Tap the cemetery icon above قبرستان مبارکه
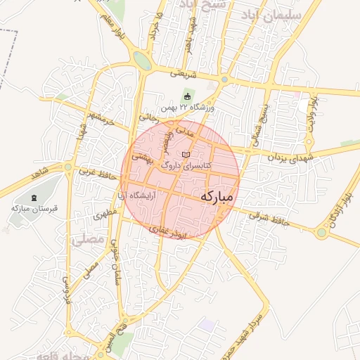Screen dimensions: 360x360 pos(36,198)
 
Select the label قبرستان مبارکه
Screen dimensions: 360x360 pos(37,208)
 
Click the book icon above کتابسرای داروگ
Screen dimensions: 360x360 pos(186,155)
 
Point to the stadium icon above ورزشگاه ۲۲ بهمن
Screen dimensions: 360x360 pos(187,97)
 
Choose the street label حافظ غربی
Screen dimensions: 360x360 pos(96,169)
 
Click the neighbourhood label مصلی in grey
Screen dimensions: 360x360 pos(87,240)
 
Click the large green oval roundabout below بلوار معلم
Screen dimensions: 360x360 pos(143,61)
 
